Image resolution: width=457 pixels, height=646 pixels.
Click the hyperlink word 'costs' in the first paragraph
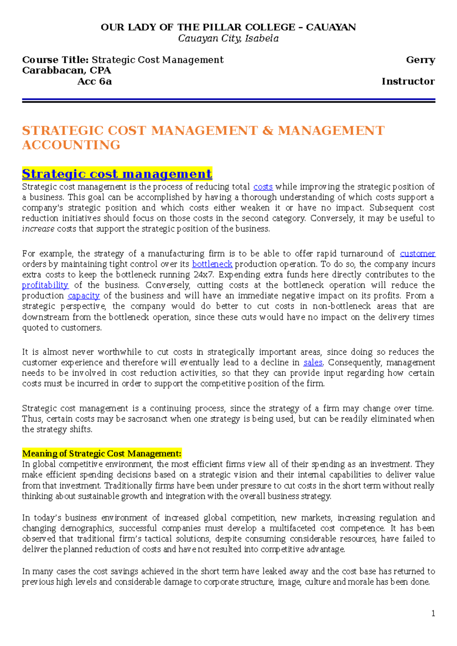click(x=263, y=187)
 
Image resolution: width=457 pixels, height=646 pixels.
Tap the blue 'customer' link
click(x=417, y=254)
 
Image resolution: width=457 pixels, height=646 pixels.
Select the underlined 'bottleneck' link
click(x=212, y=264)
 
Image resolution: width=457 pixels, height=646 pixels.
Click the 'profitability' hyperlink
click(x=45, y=285)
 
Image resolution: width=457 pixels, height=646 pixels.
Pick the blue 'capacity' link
click(x=83, y=296)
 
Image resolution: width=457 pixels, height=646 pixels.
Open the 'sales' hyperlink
click(x=313, y=363)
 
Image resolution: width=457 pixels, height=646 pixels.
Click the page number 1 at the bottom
click(x=433, y=613)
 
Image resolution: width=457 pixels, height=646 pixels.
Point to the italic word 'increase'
click(x=38, y=229)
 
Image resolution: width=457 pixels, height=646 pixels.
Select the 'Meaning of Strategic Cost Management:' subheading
click(x=102, y=453)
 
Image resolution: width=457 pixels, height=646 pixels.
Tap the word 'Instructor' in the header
click(x=408, y=81)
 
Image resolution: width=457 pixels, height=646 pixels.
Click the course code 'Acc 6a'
click(x=94, y=81)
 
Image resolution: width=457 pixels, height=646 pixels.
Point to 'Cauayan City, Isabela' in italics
click(x=228, y=38)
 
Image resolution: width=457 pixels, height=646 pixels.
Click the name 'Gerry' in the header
click(x=420, y=60)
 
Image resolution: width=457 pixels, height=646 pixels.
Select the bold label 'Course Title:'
click(x=56, y=60)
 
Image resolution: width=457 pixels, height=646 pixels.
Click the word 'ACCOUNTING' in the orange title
click(x=71, y=145)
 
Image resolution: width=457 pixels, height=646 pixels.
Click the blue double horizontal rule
click(x=228, y=100)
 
